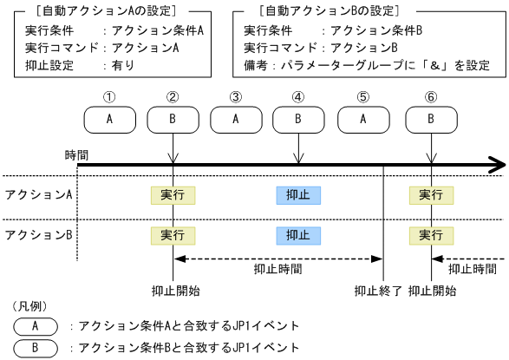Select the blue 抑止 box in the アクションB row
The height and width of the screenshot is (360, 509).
(x=298, y=234)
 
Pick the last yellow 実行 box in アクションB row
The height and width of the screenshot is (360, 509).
(x=431, y=234)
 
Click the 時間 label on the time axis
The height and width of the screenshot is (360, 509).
(x=77, y=154)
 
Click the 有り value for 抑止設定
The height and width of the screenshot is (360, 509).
(x=119, y=64)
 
